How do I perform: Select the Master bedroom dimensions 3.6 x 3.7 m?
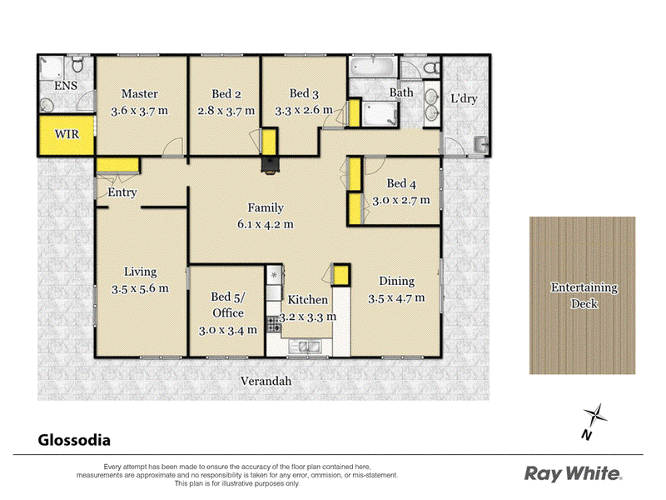pyautogui.click(x=140, y=109)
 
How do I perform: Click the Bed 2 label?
pyautogui.click(x=226, y=93)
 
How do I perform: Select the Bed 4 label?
pyautogui.click(x=401, y=183)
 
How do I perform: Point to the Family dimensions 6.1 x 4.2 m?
pyautogui.click(x=266, y=223)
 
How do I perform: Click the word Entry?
pyautogui.click(x=122, y=193)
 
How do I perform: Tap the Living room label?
pyautogui.click(x=140, y=272)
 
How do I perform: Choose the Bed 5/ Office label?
pyautogui.click(x=226, y=304)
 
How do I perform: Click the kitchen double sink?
pyautogui.click(x=305, y=347)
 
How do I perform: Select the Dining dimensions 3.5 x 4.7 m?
pyautogui.click(x=396, y=297)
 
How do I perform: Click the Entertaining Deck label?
pyautogui.click(x=584, y=295)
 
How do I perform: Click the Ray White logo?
pyautogui.click(x=573, y=473)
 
